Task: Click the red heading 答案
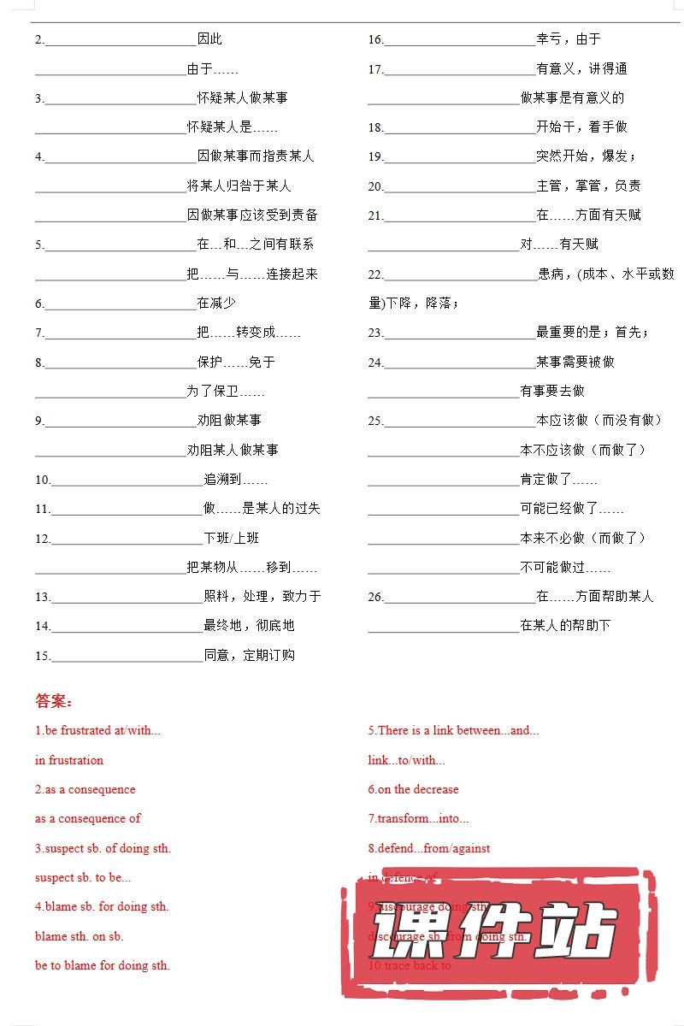pyautogui.click(x=54, y=702)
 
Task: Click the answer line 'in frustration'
pyautogui.click(x=69, y=760)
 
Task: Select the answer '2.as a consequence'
pyautogui.click(x=85, y=789)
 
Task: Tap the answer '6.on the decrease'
pyautogui.click(x=413, y=789)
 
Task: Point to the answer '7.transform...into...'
pyautogui.click(x=419, y=818)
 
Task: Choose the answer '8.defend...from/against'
pyautogui.click(x=429, y=848)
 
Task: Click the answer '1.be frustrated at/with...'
pyautogui.click(x=97, y=730)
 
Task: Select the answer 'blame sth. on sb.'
pyautogui.click(x=80, y=936)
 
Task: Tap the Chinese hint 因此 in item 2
pyautogui.click(x=209, y=39)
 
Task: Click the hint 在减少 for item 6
pyautogui.click(x=216, y=303)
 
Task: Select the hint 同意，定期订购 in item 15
pyautogui.click(x=250, y=656)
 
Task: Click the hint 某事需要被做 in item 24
pyautogui.click(x=575, y=362)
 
